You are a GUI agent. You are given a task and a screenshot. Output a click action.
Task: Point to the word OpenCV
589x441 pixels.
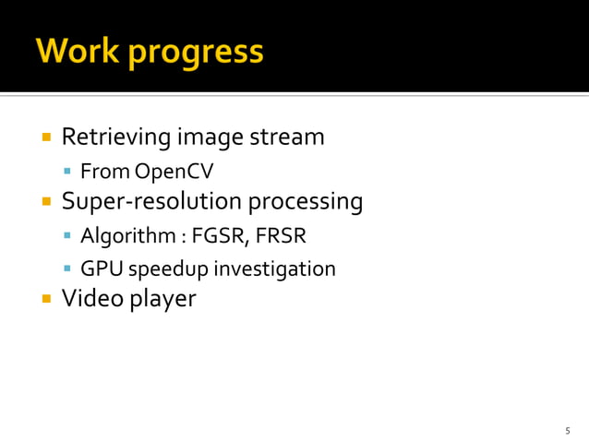pyautogui.click(x=174, y=172)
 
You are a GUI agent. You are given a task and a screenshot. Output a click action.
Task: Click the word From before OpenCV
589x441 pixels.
pyautogui.click(x=104, y=172)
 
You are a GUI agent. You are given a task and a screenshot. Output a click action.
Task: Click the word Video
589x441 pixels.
pyautogui.click(x=88, y=299)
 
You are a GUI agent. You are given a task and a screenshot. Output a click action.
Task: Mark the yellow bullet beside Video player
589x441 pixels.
pyautogui.click(x=45, y=299)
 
